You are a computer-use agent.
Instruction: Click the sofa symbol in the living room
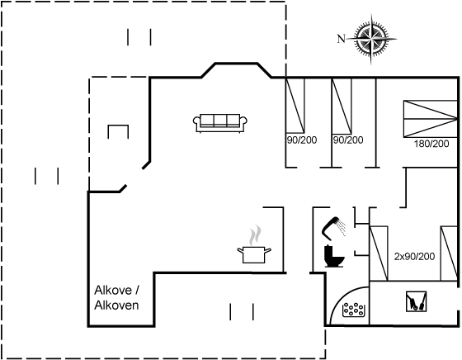220,123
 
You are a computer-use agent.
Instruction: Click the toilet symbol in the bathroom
334,256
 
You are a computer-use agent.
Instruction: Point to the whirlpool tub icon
354,310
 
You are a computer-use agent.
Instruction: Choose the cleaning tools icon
416,301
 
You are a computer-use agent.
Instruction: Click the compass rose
372,39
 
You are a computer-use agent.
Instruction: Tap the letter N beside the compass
341,39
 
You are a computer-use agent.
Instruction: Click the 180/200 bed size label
431,144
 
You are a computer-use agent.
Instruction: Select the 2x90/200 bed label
414,257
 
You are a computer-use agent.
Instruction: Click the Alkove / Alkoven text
116,298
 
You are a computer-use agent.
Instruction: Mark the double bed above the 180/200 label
430,119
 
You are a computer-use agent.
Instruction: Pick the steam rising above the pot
255,235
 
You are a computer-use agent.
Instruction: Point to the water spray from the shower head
342,227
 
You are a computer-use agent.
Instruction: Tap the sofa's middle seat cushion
220,121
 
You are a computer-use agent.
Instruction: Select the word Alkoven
116,306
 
